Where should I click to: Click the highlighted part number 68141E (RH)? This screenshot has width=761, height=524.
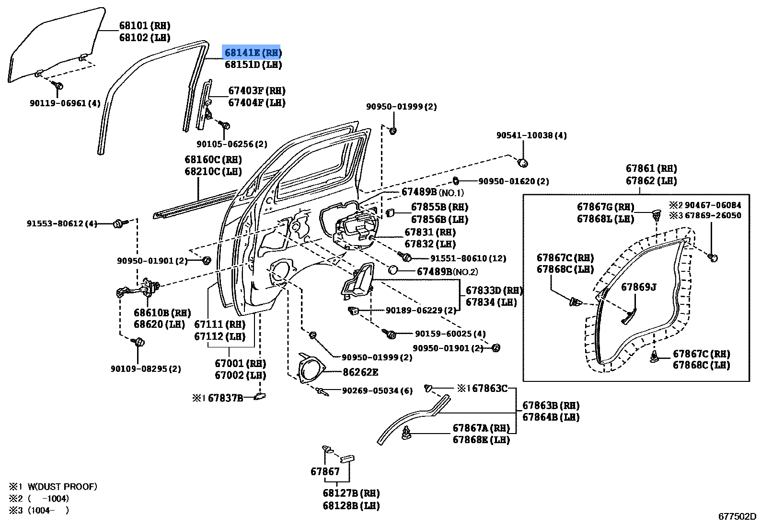253,52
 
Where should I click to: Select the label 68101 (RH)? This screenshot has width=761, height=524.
144,26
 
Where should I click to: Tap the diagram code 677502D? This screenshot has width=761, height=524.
737,516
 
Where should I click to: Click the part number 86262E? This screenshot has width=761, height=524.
360,372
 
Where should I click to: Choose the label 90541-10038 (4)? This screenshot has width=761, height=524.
531,135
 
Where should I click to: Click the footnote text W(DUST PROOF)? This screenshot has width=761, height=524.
62,487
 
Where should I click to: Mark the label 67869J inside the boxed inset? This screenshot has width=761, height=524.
638,287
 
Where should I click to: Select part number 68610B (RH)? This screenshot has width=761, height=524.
162,313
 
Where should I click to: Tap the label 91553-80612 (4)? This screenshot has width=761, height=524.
62,223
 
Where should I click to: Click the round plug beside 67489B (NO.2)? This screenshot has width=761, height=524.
393,270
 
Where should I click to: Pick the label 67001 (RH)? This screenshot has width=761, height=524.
240,364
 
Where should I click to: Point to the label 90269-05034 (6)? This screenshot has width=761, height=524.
377,390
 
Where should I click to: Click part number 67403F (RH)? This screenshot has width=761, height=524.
256,91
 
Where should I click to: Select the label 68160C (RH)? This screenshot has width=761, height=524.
213,160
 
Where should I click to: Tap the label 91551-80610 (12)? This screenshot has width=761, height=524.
468,258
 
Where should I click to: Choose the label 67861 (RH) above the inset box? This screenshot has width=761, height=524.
651,168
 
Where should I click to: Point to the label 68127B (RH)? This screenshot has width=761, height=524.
351,493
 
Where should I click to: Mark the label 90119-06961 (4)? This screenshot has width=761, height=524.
65,103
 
